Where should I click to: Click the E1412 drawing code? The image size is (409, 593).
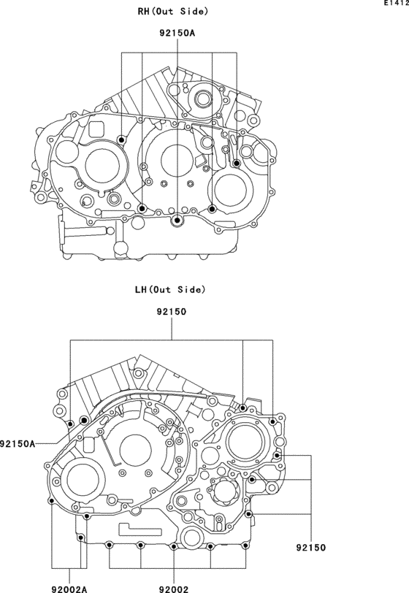pyautogui.click(x=396, y=4)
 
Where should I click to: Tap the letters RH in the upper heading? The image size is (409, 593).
pyautogui.click(x=143, y=12)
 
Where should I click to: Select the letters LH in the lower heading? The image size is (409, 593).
pyautogui.click(x=141, y=290)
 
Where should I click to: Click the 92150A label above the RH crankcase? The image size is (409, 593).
pyautogui.click(x=177, y=34)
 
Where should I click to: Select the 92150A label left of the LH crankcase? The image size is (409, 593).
pyautogui.click(x=18, y=443)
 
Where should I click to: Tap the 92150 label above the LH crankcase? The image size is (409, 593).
pyautogui.click(x=172, y=312)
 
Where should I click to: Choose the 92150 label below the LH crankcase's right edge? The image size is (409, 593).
pyautogui.click(x=310, y=548)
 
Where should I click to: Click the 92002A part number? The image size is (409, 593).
pyautogui.click(x=69, y=589)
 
